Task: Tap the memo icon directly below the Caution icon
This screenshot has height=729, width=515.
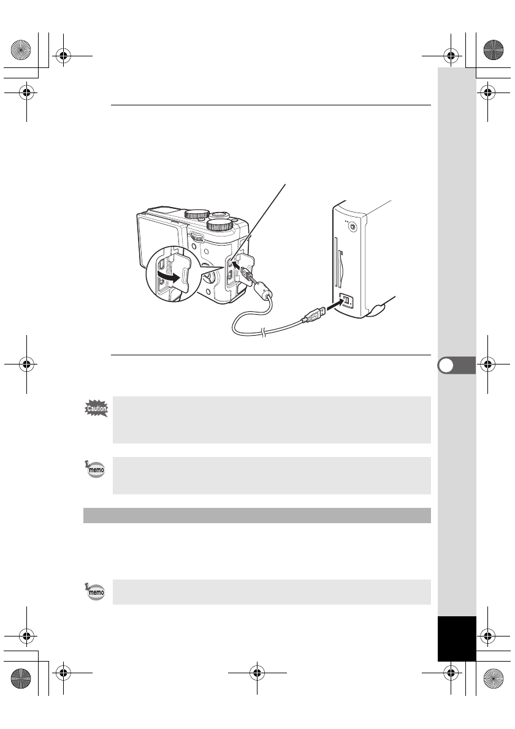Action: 95,470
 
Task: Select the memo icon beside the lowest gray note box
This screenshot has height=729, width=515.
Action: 95,592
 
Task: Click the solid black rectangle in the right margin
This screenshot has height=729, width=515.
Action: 457,638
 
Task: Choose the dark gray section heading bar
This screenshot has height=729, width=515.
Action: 257,515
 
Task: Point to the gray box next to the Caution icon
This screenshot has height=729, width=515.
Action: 272,420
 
